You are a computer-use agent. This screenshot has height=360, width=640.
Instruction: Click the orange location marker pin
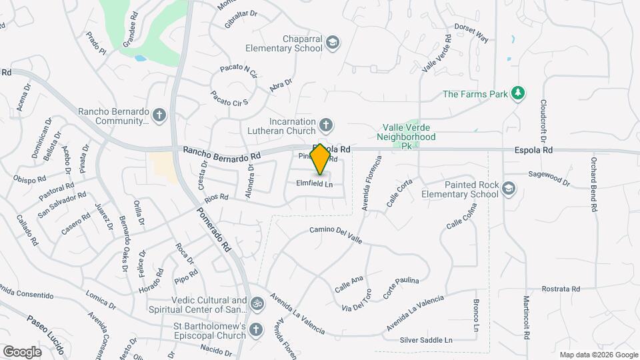(320, 159)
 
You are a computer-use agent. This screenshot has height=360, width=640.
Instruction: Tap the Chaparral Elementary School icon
(332, 43)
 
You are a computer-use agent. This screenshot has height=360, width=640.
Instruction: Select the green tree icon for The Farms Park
(517, 93)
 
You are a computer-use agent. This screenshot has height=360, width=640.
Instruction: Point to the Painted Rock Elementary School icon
(509, 189)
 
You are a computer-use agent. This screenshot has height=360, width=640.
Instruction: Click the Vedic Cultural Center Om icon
(257, 305)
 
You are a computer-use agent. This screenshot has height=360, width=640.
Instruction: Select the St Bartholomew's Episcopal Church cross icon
(257, 331)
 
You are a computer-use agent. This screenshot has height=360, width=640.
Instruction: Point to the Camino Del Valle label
(336, 235)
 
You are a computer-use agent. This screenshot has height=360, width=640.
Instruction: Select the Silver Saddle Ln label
(425, 340)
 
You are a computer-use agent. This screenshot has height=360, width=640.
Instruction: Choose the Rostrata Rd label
(561, 289)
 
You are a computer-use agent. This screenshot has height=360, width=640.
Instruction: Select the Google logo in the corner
(22, 351)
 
